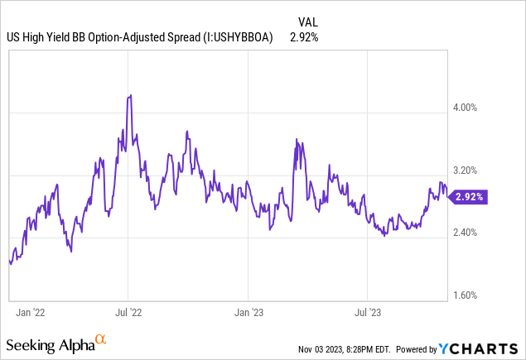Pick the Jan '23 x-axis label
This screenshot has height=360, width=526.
(249, 313)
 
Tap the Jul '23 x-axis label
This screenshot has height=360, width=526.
(367, 313)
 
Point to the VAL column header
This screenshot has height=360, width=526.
(307, 21)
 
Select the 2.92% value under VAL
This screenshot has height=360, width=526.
(304, 37)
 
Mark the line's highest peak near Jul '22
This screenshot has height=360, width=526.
(129, 96)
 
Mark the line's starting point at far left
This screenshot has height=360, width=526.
(9, 262)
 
